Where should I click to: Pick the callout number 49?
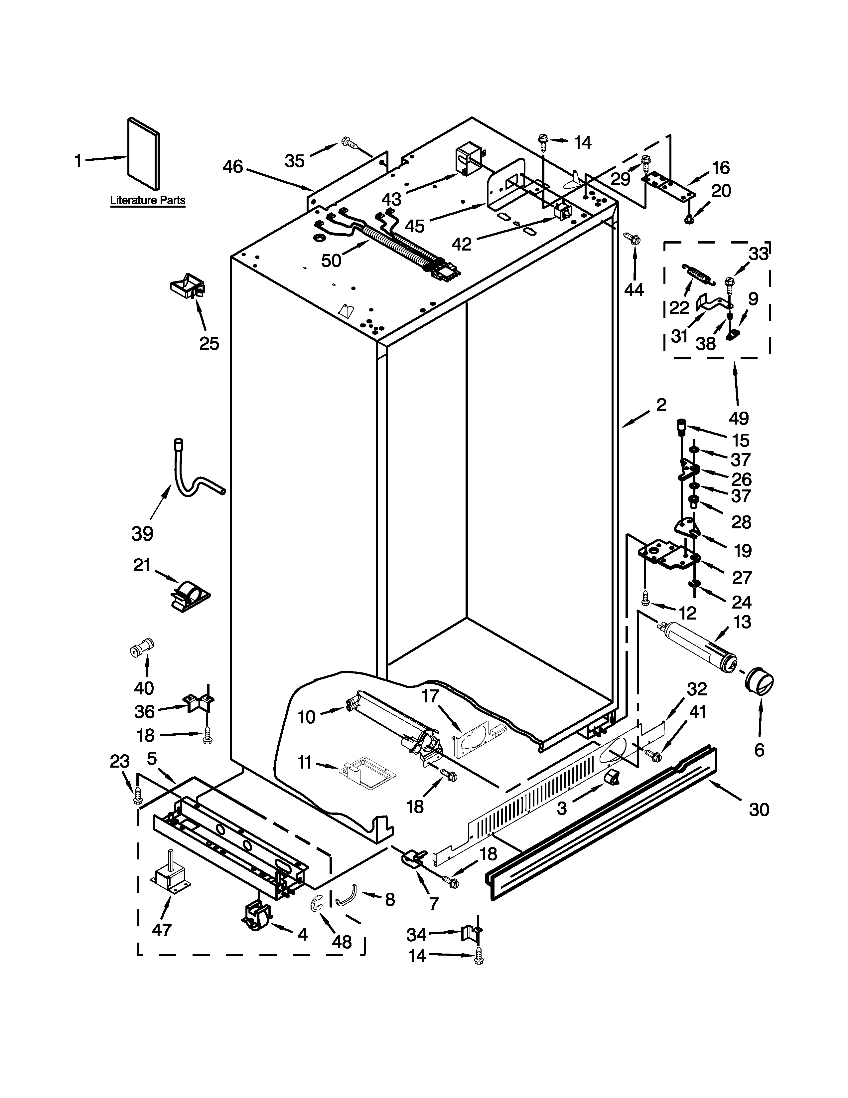[739, 418]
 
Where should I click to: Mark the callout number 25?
[209, 343]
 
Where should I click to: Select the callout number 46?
[232, 166]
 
